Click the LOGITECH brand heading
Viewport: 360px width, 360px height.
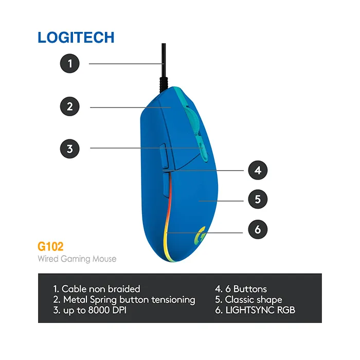[76, 38]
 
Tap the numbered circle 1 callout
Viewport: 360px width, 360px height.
[70, 64]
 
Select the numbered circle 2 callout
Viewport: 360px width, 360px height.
[70, 107]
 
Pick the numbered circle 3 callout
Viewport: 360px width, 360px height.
[70, 149]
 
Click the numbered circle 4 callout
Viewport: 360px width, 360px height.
[258, 170]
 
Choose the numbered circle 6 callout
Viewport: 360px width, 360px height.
[258, 229]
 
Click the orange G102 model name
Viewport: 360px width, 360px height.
[50, 246]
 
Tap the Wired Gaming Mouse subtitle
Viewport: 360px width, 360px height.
[77, 259]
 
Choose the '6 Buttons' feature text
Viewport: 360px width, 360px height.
[241, 289]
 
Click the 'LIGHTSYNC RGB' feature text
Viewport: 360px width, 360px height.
[255, 310]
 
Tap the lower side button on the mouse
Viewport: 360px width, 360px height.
[165, 185]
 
